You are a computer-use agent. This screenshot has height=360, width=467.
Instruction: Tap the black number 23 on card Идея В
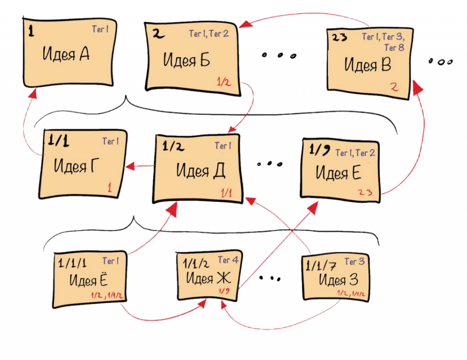(340, 37)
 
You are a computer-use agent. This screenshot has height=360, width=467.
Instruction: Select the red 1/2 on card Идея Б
(223, 82)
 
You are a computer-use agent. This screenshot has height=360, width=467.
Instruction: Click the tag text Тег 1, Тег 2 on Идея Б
(208, 34)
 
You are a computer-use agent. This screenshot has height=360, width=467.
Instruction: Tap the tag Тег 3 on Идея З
(354, 262)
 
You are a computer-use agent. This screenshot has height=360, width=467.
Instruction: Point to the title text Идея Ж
(207, 277)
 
